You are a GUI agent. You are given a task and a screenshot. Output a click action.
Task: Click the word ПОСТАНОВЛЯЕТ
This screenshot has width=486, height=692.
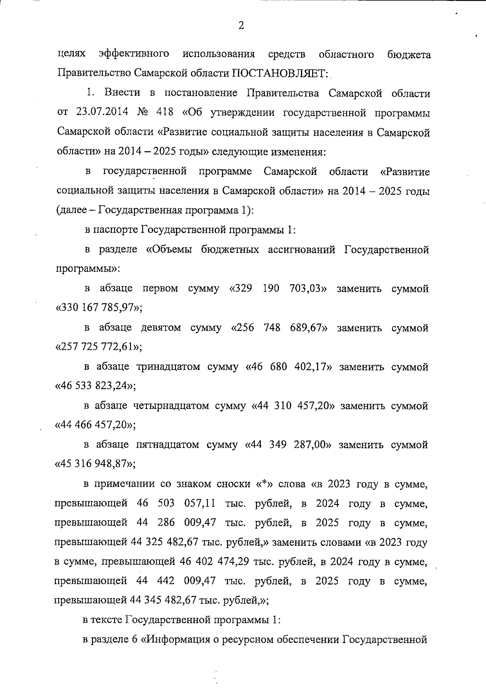[280, 73]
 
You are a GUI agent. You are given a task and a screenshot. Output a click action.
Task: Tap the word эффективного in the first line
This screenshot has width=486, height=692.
[134, 54]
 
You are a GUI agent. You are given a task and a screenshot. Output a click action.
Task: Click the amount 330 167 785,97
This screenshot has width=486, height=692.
[98, 309]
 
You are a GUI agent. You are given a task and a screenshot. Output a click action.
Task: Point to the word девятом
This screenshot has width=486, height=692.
[161, 328]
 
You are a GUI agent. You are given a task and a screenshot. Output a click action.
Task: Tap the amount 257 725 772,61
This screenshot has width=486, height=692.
[98, 347]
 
